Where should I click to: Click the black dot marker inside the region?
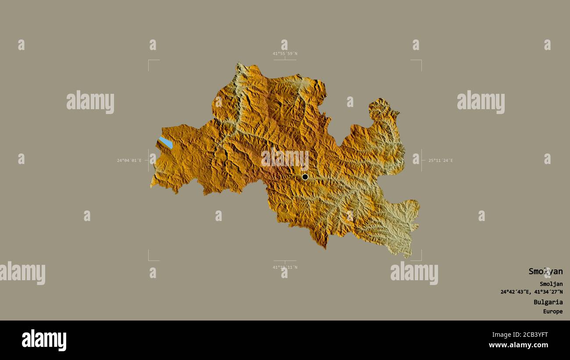coord(305,177)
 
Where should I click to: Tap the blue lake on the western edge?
coord(166,143)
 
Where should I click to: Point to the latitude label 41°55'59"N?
coord(285,53)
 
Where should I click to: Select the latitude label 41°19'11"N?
coord(285,267)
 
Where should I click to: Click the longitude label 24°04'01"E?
coord(129,160)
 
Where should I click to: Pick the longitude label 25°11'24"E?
coord(441,160)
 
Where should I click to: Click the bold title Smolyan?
coord(545,271)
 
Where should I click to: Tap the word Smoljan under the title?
coord(551,284)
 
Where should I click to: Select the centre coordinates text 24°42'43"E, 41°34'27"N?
coord(531,292)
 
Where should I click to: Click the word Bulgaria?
coord(548,302)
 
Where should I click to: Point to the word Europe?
coord(552,312)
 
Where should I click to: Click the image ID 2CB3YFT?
coord(531,335)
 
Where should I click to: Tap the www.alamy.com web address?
coord(518,345)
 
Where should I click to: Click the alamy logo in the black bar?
coord(44,340)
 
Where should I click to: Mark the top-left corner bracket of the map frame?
coord(149,61)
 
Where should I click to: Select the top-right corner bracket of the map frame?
coord(421,61)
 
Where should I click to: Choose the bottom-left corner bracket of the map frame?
coord(149,260)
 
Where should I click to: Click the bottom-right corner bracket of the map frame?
coord(421,260)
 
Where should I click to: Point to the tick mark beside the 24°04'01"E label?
coord(146,160)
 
